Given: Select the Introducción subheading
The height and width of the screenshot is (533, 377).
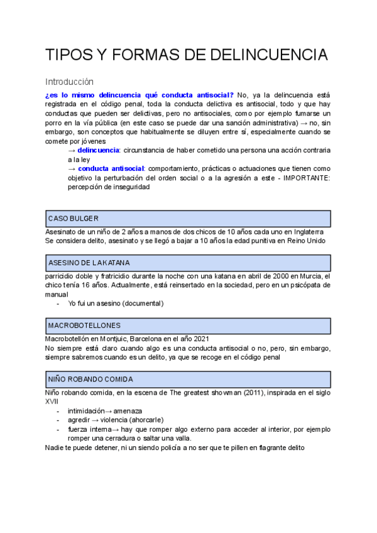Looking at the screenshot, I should pyautogui.click(x=69, y=82).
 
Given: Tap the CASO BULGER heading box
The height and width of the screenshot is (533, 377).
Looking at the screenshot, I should pyautogui.click(x=188, y=218).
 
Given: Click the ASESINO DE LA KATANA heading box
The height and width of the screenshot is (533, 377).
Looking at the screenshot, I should pyautogui.click(x=188, y=262).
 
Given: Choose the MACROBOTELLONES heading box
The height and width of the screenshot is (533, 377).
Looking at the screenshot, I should pyautogui.click(x=188, y=326).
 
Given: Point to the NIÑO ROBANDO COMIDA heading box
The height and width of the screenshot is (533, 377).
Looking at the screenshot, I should pyautogui.click(x=188, y=379).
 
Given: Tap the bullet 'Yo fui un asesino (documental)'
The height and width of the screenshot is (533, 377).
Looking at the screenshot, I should pyautogui.click(x=116, y=303).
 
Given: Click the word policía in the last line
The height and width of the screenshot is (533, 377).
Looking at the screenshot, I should pyautogui.click(x=197, y=448).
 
